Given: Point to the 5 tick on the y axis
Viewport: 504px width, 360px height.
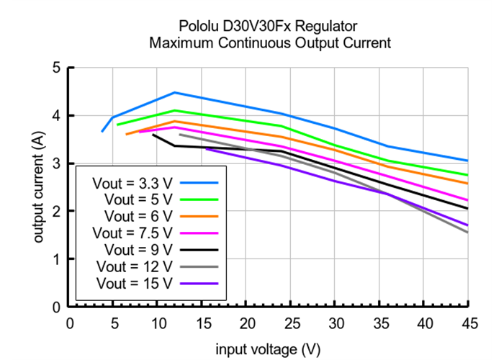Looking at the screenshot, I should tap(55, 68).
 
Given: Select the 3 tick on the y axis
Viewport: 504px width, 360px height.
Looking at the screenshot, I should tap(55, 163).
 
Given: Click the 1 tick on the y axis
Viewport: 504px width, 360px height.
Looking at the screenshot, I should tap(55, 259).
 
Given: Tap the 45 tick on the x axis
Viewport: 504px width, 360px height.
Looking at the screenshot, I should tap(467, 323).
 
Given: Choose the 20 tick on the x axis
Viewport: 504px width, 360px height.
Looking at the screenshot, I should tap(247, 323).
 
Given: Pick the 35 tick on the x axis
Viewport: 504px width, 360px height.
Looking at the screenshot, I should tap(379, 323).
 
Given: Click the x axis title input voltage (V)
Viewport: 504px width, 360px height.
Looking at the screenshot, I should tap(268, 349).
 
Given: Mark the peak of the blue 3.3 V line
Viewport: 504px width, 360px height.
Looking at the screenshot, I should tap(174, 92).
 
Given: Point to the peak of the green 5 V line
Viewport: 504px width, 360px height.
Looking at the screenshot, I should tap(174, 110).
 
